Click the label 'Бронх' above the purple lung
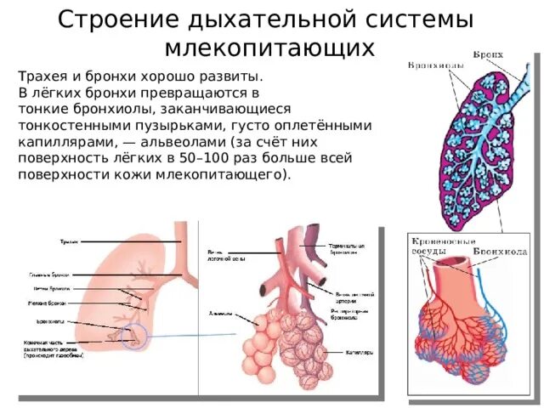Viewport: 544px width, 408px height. [488, 54]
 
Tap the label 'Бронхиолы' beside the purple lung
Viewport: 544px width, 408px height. [434, 65]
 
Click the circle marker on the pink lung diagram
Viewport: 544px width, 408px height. [134, 337]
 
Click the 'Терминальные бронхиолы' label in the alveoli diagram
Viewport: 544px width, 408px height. [348, 249]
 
